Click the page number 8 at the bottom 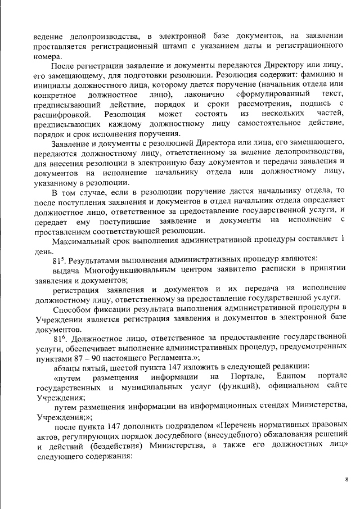346,479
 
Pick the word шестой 114,366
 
